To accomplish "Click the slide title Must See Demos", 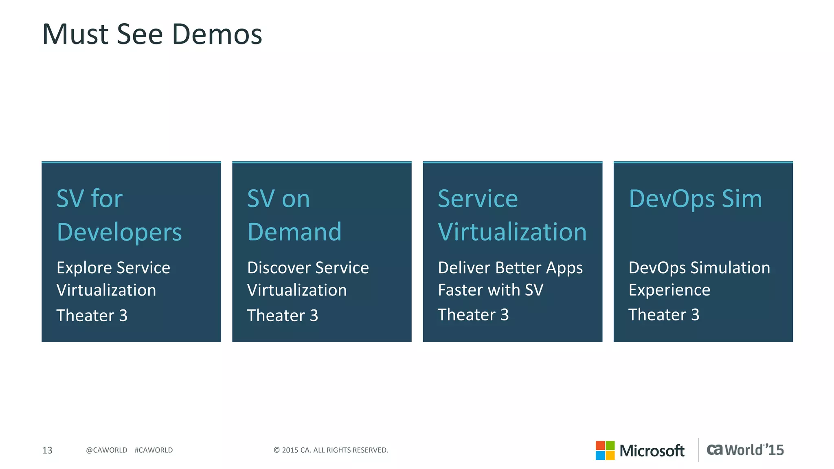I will tap(152, 34).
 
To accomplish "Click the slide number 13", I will tap(47, 450).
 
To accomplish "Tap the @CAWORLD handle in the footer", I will tap(107, 450).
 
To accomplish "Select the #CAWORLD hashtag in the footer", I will tap(154, 450).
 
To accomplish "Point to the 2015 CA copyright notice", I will tap(331, 450).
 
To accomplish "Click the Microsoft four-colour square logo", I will tap(605, 450).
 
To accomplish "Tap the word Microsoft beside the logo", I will tap(652, 451).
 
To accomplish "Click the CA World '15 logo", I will tap(745, 450).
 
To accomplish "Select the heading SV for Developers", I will tap(119, 215).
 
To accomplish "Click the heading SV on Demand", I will tap(294, 215).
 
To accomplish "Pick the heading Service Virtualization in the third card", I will tap(512, 215).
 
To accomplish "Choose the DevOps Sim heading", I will tap(695, 199).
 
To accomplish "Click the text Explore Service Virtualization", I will tap(113, 279).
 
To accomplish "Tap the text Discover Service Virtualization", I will tap(308, 279).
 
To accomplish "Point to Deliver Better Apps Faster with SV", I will tap(510, 279).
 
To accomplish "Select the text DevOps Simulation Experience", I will tap(699, 279).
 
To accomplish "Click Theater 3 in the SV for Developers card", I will tap(92, 316).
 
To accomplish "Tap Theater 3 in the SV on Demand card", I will tap(283, 316).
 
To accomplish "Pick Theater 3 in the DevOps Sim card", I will tap(664, 315).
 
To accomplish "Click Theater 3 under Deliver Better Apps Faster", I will tap(473, 315).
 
